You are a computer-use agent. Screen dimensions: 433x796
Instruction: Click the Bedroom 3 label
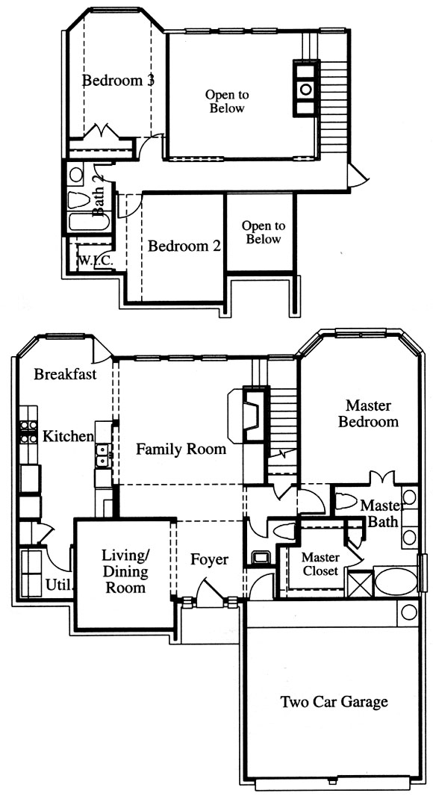point(118,80)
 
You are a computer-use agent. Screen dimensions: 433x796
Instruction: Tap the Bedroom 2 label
point(184,246)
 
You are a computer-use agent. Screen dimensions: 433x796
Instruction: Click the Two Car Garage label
point(334,702)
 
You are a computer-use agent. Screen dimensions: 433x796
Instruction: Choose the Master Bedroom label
point(369,413)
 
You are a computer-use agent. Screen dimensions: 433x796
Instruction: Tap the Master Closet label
point(320,564)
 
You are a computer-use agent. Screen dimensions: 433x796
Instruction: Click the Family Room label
point(181,450)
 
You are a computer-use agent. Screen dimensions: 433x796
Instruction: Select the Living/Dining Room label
point(125,570)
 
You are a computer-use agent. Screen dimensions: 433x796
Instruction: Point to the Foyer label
point(209,559)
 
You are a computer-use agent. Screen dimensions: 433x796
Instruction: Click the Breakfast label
point(65,375)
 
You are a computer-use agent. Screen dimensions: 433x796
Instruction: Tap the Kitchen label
point(68,436)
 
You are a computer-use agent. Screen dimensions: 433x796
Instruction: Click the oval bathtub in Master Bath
point(396,582)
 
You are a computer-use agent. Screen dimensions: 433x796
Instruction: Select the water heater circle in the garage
point(408,612)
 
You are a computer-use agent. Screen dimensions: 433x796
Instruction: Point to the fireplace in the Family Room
point(246,415)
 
